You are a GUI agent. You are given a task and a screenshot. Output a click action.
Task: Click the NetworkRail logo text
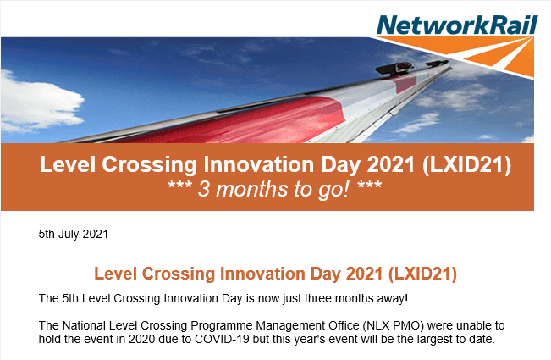coord(457,25)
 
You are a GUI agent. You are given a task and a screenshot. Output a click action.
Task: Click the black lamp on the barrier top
coord(394,68)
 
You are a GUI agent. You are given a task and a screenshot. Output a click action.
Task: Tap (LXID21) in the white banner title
coord(466,164)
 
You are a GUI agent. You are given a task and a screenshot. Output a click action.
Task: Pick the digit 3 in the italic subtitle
coord(203,189)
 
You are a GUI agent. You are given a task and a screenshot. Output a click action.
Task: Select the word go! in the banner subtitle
coord(333,190)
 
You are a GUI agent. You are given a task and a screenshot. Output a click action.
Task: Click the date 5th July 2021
coord(74,234)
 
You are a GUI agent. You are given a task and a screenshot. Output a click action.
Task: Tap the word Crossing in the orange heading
coord(178,274)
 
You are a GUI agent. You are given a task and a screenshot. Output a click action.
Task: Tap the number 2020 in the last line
coord(141,340)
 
